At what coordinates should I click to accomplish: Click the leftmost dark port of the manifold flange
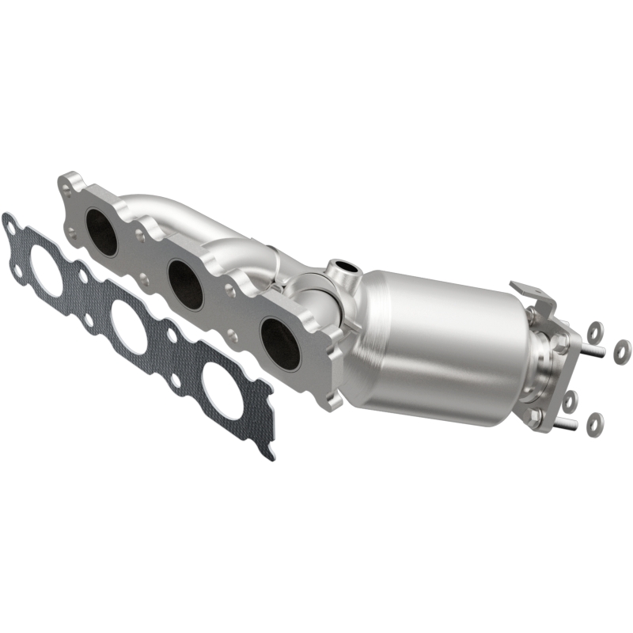tap(102, 233)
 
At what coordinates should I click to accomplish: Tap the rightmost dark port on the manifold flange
tap(280, 343)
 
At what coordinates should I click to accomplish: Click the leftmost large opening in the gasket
tap(47, 271)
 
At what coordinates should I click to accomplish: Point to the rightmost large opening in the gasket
tap(224, 389)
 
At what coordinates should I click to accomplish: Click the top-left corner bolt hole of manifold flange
tap(70, 187)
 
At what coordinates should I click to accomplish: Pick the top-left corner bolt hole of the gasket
tap(9, 228)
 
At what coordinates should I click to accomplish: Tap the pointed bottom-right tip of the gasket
tap(271, 456)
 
